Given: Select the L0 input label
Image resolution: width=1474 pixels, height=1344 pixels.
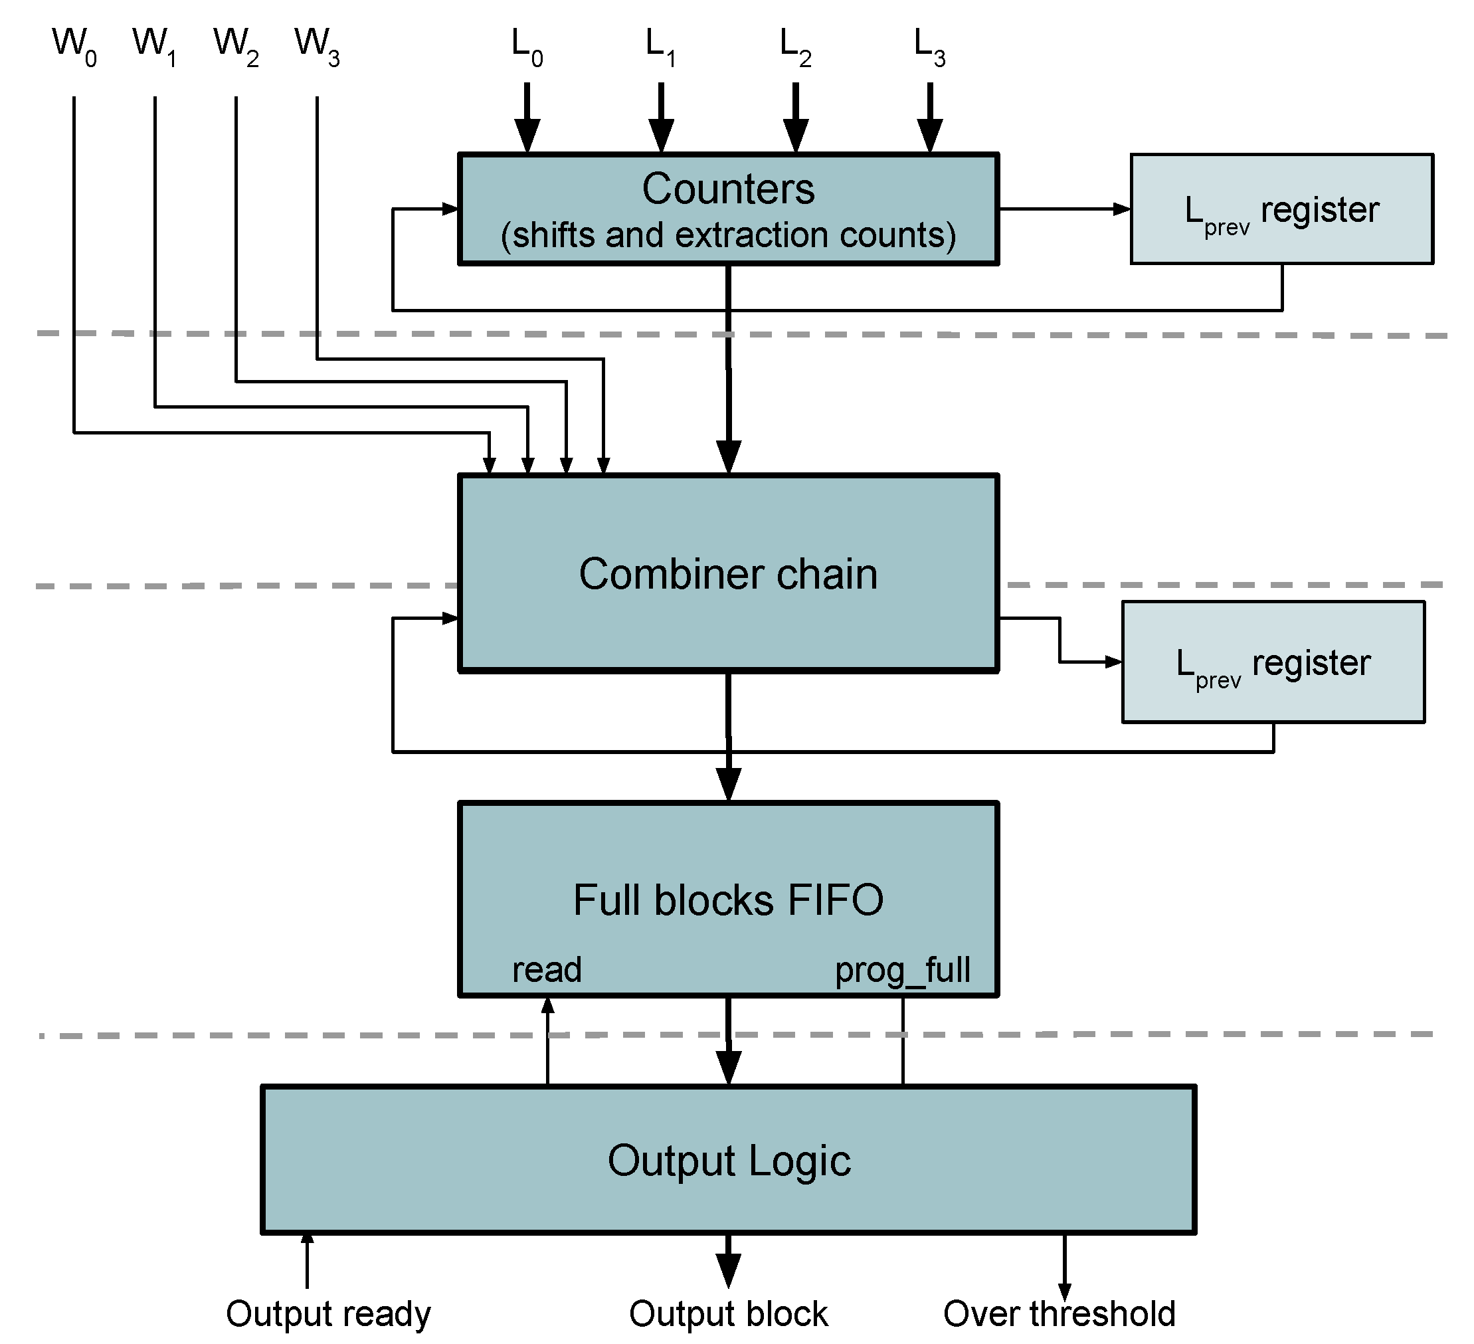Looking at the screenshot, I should point(526,47).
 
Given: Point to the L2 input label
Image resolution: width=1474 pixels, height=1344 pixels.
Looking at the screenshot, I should point(794,47).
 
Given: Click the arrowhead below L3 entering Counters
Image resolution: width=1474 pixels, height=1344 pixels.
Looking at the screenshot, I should point(929,136).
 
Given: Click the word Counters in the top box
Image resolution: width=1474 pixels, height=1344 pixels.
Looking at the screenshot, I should point(727,189).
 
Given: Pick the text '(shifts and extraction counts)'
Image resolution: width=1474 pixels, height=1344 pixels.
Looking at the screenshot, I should point(727,235).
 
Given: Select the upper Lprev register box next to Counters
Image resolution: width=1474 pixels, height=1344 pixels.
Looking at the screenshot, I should point(1281,209).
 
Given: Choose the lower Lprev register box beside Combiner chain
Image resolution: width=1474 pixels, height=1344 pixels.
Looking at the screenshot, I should point(1272,662).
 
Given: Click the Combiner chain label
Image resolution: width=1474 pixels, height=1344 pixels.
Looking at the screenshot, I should point(727,574).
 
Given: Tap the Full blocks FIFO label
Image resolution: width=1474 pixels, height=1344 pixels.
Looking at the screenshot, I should point(727,900).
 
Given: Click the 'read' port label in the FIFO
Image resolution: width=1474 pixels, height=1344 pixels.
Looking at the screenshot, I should point(546,969).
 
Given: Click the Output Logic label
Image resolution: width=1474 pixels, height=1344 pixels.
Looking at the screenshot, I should point(728,1161).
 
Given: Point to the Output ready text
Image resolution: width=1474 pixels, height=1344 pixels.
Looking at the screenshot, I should point(328,1314).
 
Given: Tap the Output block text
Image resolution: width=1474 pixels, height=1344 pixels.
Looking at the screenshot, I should point(727,1314).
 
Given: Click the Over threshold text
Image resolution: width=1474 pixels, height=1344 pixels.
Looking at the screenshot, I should point(1059,1314).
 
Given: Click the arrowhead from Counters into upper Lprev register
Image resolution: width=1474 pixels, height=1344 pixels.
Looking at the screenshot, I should point(1121,209).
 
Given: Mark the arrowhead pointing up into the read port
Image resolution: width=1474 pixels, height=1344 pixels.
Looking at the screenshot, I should point(547,1005).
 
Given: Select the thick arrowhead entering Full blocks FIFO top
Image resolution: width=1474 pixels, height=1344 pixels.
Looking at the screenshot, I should point(727,785).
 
